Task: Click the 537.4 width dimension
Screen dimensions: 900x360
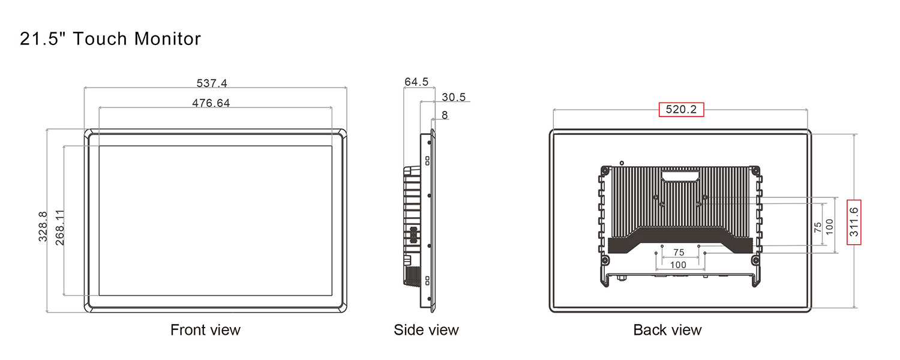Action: click(212, 83)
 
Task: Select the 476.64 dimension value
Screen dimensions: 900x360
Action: click(211, 103)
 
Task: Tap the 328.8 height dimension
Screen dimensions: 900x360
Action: click(43, 227)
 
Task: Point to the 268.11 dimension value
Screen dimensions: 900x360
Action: click(60, 227)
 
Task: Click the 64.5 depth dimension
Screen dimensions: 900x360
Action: click(416, 82)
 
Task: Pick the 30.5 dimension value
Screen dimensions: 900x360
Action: click(454, 97)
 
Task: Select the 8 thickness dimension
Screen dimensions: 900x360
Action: click(445, 115)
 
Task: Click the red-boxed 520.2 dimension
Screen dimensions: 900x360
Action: click(681, 109)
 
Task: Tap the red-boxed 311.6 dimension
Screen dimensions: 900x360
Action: click(854, 222)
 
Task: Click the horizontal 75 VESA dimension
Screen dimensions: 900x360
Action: click(679, 253)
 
